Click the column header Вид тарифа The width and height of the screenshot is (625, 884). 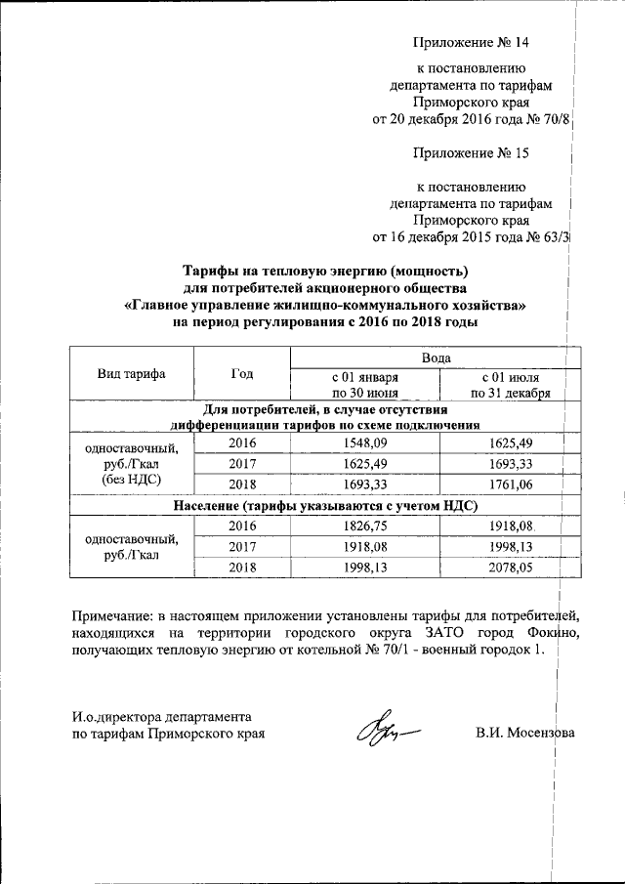[131, 374]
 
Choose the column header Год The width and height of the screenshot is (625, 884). [242, 374]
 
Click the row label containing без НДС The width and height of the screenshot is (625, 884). [131, 481]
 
